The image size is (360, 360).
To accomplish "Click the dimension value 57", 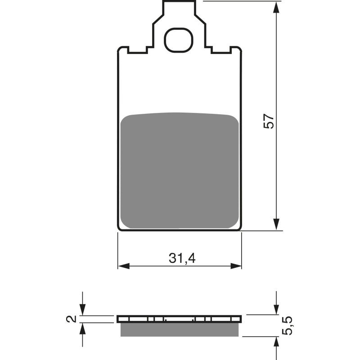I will (269, 121).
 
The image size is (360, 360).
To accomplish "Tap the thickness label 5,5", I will (288, 325).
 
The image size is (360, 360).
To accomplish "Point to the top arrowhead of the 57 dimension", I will (276, 6).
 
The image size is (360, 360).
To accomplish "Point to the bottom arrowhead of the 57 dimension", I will (276, 225).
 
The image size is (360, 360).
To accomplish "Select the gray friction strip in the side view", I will (180, 330).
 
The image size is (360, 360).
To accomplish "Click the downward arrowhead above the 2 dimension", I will (82, 310).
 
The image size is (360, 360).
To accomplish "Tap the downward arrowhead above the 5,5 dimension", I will (276, 310).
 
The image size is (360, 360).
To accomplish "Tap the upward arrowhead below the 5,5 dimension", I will (276, 342).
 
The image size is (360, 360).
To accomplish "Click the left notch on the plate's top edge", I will (138, 50).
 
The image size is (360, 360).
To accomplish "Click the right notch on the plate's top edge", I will (221, 50).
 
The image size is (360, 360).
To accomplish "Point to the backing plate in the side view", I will (180, 319).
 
